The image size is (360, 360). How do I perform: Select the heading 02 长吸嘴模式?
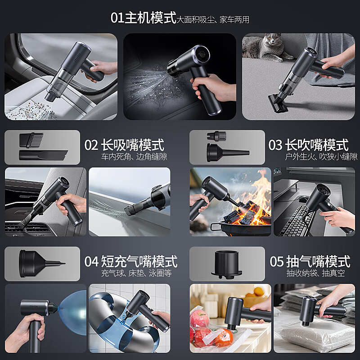click(x=124, y=145)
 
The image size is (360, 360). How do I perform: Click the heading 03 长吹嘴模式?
click(x=308, y=145)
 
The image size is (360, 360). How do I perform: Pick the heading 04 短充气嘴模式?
click(x=131, y=261)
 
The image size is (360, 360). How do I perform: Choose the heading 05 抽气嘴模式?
click(x=310, y=261)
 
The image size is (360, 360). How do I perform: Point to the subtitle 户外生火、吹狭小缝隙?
click(x=321, y=157)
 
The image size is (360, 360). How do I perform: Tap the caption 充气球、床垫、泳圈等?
click(x=136, y=273)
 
